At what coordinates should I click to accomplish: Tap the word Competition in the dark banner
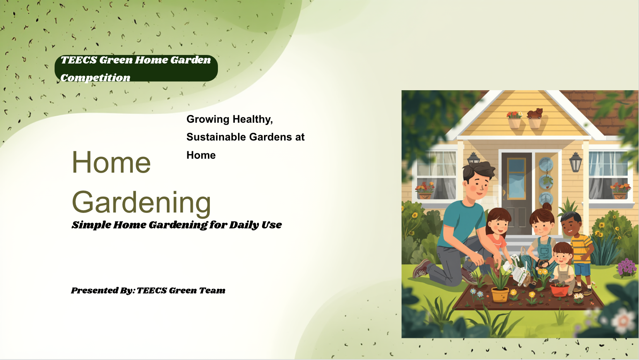pyautogui.click(x=95, y=78)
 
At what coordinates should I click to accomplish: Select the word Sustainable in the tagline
pyautogui.click(x=216, y=137)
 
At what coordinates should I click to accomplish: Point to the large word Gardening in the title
pyautogui.click(x=142, y=202)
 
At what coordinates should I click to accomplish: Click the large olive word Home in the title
pyautogui.click(x=111, y=162)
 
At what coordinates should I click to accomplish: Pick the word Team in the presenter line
pyautogui.click(x=212, y=290)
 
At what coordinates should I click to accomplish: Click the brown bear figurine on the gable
pyautogui.click(x=534, y=113)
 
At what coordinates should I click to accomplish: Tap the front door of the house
pyautogui.click(x=517, y=194)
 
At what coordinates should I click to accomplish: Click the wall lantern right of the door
pyautogui.click(x=576, y=162)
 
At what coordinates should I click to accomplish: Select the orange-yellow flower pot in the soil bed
pyautogui.click(x=500, y=295)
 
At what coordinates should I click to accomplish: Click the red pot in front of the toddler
pyautogui.click(x=559, y=290)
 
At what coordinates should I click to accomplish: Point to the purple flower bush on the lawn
pyautogui.click(x=627, y=267)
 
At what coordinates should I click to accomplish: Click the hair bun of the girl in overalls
pyautogui.click(x=547, y=207)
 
